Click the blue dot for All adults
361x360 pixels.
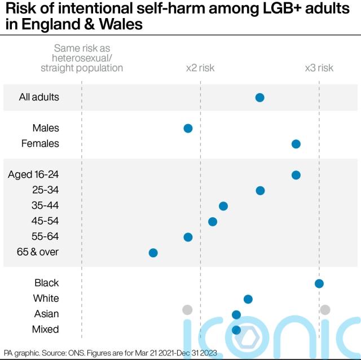(259, 98)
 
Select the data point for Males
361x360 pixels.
(188, 129)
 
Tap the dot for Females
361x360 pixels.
(296, 144)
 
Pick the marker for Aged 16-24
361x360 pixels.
(296, 175)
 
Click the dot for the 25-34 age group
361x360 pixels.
(260, 191)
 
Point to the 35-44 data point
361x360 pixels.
(223, 206)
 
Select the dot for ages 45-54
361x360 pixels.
(213, 221)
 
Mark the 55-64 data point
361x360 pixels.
(188, 237)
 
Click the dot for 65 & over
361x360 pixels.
(153, 252)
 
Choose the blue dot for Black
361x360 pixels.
(319, 283)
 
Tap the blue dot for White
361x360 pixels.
(248, 298)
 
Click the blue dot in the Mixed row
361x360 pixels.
(236, 330)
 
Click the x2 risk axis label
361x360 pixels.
(200, 68)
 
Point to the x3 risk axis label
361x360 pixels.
(319, 68)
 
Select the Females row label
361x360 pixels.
(40, 144)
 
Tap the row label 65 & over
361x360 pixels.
(38, 252)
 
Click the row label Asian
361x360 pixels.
(46, 314)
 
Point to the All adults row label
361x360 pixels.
(39, 98)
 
